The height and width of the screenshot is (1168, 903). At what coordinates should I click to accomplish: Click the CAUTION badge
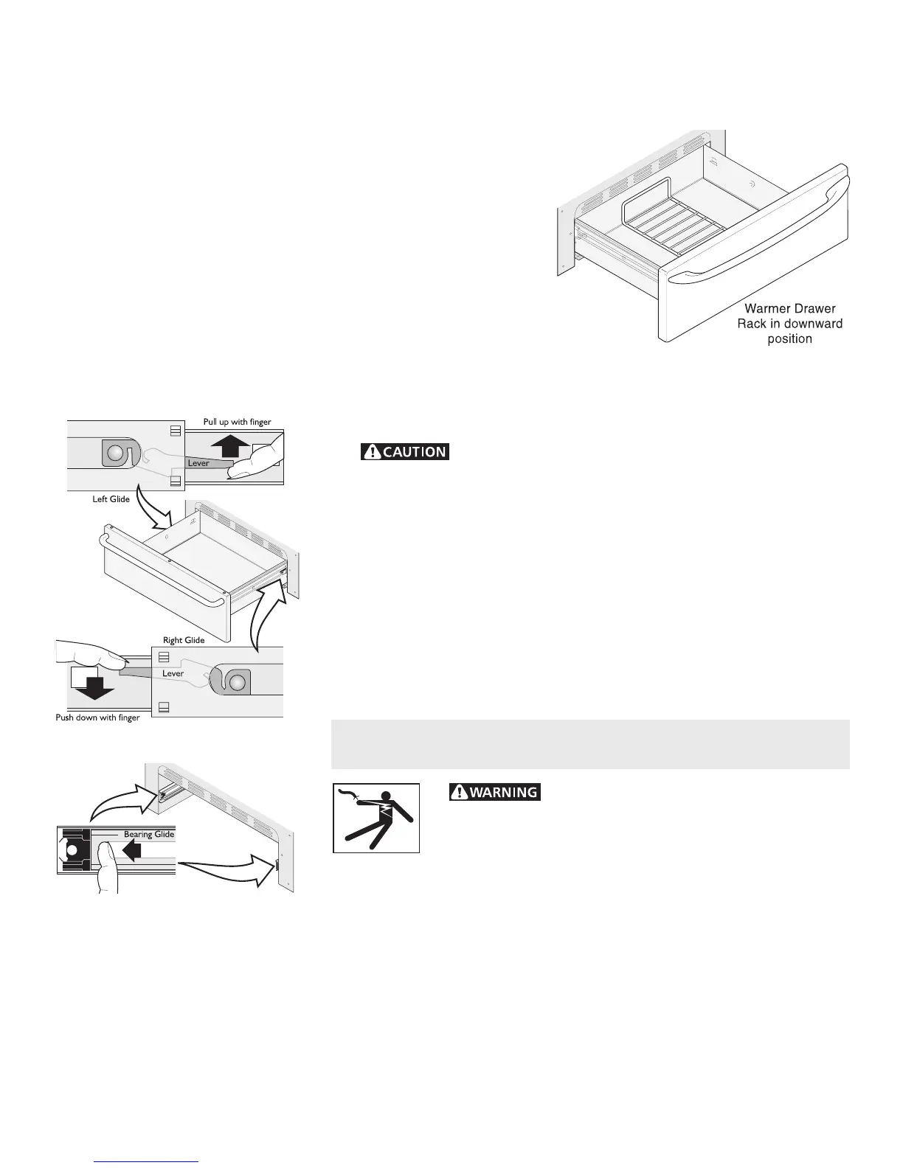(x=405, y=451)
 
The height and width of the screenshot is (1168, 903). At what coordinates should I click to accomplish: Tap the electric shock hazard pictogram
(x=376, y=818)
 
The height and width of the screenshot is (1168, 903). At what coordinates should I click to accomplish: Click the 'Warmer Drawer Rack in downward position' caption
(x=789, y=324)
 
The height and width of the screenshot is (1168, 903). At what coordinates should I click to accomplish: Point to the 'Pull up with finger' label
(x=238, y=422)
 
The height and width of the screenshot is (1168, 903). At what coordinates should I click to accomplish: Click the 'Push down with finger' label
(x=97, y=717)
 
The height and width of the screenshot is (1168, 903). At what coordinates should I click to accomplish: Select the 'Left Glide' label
(x=111, y=499)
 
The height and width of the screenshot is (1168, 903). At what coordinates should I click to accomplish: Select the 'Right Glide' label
(x=184, y=640)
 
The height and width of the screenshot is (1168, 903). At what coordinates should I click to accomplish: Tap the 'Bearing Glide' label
(x=149, y=834)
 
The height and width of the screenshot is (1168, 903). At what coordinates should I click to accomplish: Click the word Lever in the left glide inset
(x=198, y=463)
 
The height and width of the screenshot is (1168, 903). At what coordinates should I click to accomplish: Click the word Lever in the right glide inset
(x=173, y=673)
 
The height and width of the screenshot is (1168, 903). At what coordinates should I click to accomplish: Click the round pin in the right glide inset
(x=236, y=682)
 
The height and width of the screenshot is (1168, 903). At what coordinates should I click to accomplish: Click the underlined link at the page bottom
(x=147, y=1162)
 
